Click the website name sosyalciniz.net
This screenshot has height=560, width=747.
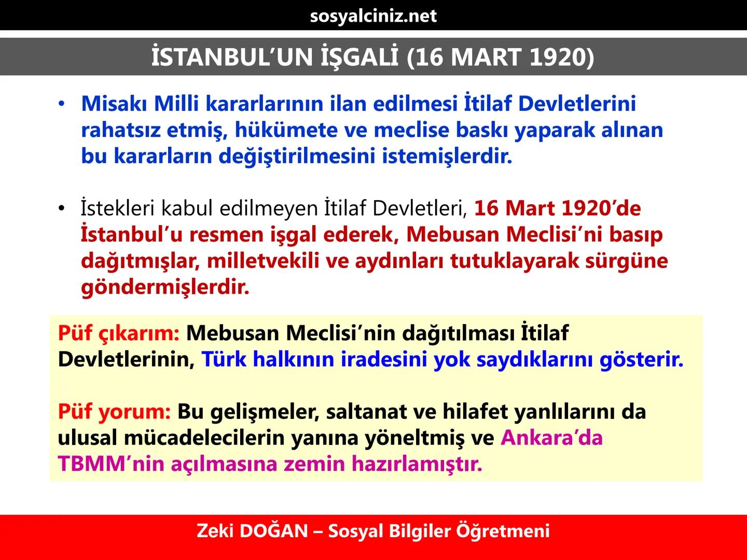click(373, 16)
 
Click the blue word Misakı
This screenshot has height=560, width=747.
click(114, 104)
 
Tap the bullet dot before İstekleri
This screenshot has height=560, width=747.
click(62, 208)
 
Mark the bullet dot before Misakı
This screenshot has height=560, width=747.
click(62, 104)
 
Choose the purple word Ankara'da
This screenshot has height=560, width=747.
click(551, 438)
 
